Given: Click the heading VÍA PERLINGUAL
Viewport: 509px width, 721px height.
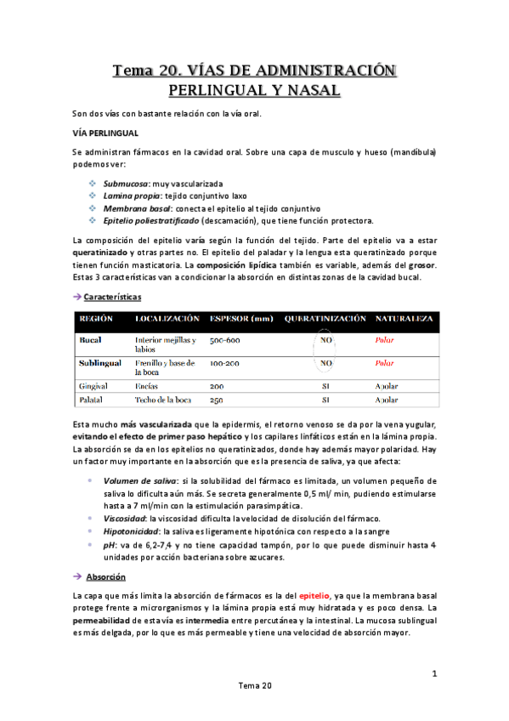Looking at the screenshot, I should (x=104, y=133).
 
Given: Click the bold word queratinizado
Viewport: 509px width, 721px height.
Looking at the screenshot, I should (x=101, y=253).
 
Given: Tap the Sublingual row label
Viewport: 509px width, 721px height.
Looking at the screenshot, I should (x=100, y=362).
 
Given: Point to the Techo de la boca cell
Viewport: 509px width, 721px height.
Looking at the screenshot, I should (x=162, y=400).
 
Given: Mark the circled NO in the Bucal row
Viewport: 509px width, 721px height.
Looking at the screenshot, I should (x=325, y=339).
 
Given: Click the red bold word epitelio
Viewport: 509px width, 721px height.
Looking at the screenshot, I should (x=313, y=596).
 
